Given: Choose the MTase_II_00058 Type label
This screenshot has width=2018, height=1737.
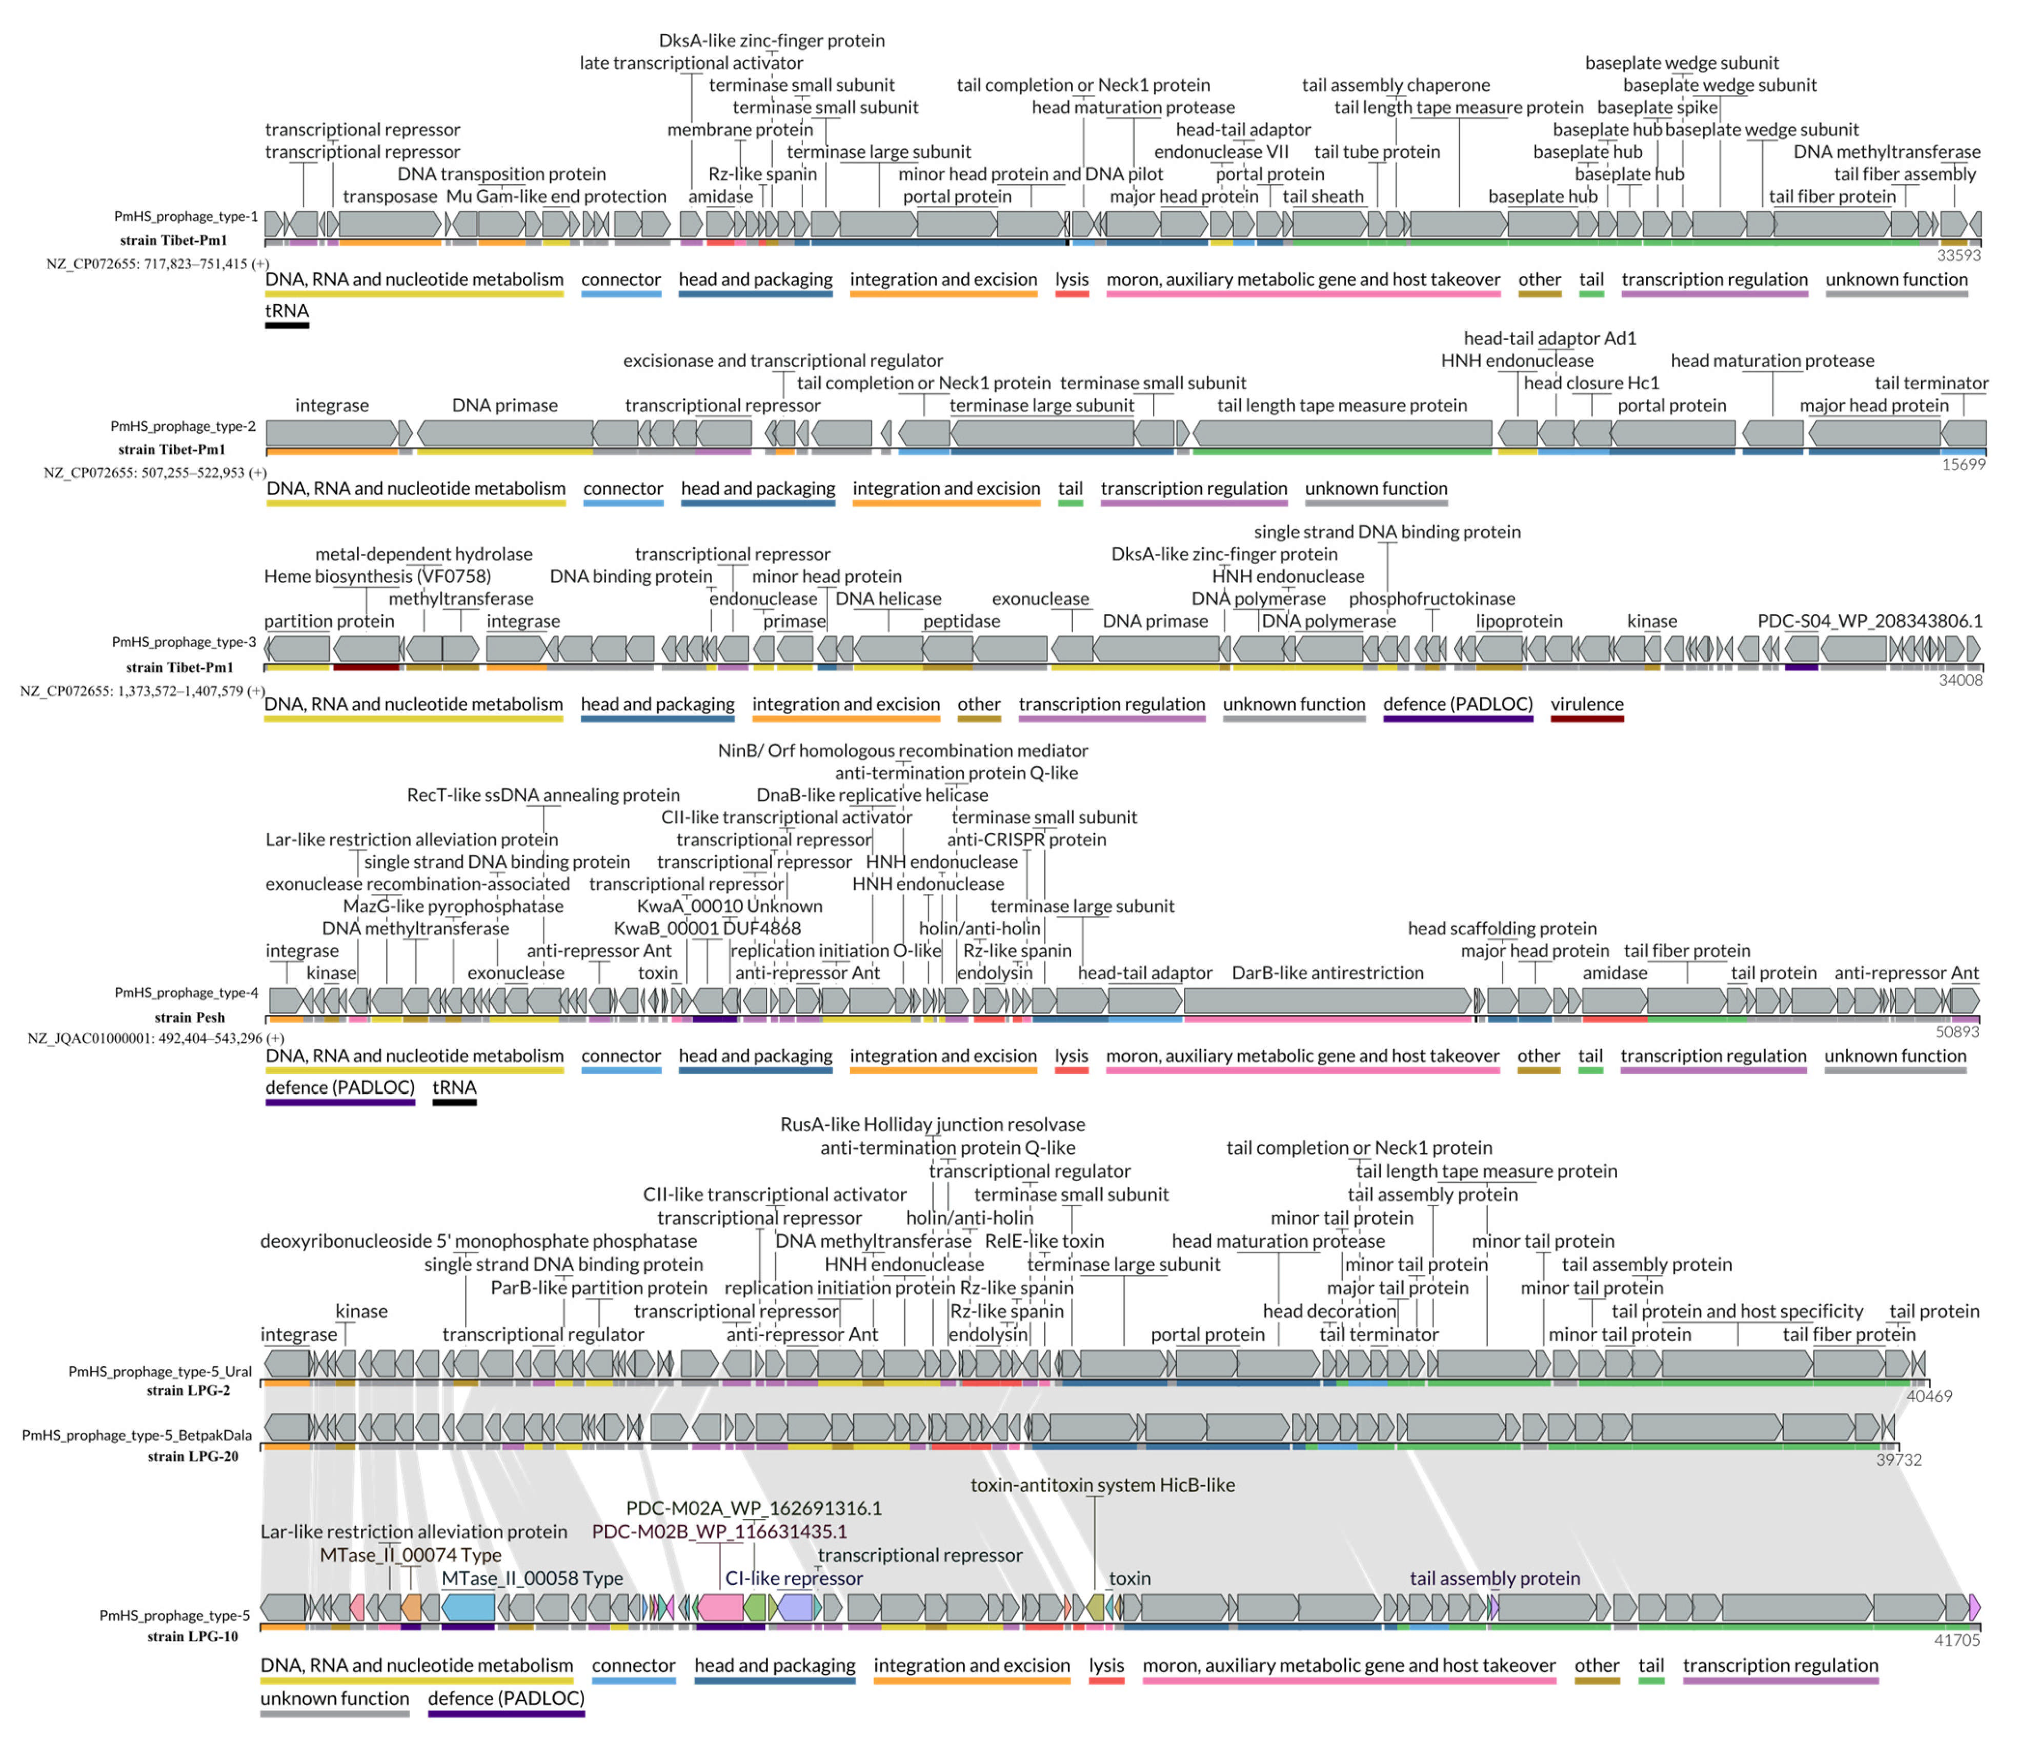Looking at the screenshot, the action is [x=532, y=1578].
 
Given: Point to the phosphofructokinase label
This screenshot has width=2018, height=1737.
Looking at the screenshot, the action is [x=1431, y=598].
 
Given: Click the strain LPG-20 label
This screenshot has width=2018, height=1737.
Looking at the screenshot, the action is [x=193, y=1456].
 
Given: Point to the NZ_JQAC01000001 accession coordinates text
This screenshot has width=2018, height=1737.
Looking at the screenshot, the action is [x=156, y=1039].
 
